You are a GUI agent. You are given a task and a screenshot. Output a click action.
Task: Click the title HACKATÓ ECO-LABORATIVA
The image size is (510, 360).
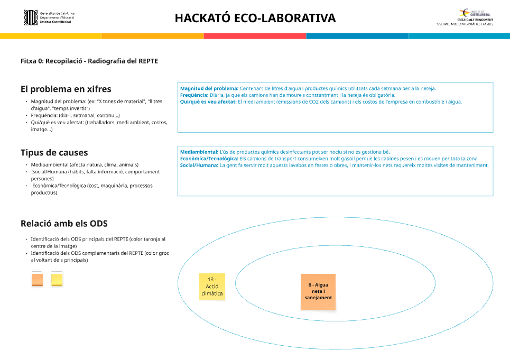coord(255,18)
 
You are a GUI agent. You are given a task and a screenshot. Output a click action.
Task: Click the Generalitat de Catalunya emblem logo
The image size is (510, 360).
coord(31,17)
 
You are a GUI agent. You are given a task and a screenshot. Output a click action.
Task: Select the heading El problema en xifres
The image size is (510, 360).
coord(66,89)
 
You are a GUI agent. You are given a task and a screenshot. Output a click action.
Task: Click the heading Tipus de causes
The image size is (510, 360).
coord(54,153)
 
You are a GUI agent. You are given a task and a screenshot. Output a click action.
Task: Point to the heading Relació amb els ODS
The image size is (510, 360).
coord(64,224)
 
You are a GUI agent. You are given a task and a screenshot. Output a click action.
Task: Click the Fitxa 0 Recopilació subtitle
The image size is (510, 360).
coord(89,61)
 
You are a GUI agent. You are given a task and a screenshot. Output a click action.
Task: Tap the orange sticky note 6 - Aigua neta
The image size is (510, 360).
coord(318,291)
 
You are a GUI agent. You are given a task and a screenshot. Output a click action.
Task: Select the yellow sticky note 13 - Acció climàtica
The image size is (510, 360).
coord(212,287)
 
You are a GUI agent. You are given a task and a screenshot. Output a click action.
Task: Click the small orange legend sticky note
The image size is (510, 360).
coord(37,279)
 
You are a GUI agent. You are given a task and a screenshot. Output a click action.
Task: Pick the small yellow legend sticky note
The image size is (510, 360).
coord(57,279)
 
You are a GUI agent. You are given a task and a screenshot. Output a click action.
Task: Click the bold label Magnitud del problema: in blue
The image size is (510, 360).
coord(209,88)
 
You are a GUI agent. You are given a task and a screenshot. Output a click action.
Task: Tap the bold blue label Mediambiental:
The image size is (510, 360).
coord(199,152)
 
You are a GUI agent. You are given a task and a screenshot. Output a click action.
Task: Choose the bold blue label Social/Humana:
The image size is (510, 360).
coord(199,165)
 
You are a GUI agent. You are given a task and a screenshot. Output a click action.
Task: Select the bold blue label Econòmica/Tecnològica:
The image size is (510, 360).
coord(209,159)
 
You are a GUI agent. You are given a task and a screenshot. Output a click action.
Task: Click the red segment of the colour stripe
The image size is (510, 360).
coord(255,36)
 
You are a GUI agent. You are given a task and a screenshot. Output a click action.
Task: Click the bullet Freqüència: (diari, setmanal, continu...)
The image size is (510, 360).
coord(75,115)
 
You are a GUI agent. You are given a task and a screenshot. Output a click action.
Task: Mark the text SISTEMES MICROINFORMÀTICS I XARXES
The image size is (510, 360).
coord(465,24)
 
